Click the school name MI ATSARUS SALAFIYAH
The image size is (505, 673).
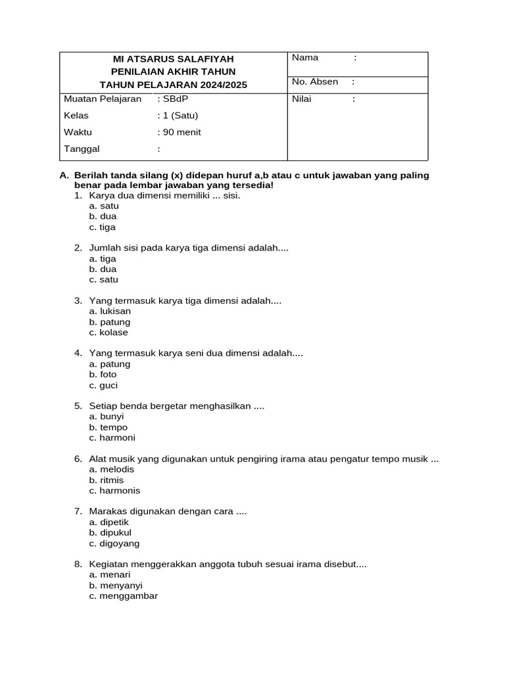point(173,58)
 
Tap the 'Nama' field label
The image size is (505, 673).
point(305,58)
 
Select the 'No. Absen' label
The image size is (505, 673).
point(315,82)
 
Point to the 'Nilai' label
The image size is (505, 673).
point(302,99)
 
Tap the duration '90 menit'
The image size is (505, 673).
point(181,132)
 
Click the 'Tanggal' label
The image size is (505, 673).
point(82,149)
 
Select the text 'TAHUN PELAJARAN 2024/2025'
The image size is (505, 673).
point(173,85)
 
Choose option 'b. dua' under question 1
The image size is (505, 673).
point(103,216)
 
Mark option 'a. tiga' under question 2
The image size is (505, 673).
point(103,259)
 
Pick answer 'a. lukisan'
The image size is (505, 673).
point(110,312)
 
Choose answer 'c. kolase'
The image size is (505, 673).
point(108,333)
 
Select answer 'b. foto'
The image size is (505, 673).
point(103,375)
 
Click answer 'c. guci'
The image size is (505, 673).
point(103,386)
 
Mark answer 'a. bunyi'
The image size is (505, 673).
point(107,417)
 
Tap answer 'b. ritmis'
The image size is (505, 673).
point(107,480)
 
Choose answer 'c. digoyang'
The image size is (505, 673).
point(114,544)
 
